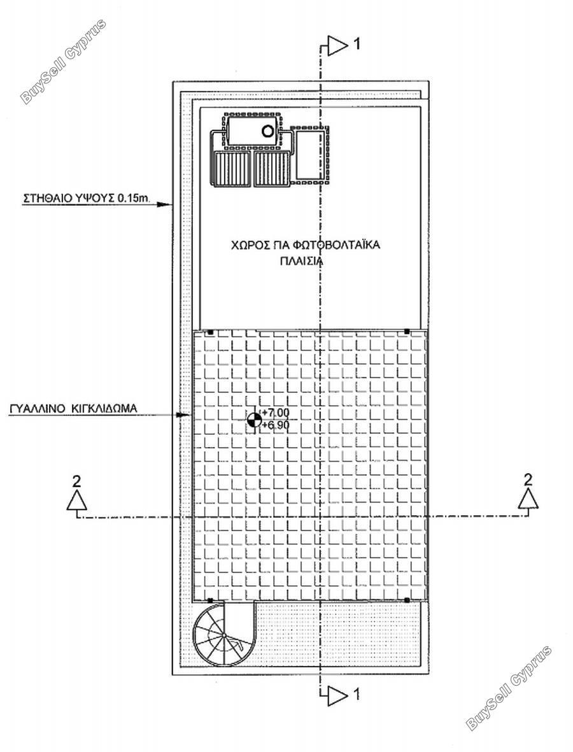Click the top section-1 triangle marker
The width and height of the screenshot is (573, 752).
pyautogui.click(x=337, y=46)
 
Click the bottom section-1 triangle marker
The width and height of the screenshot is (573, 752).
pyautogui.click(x=337, y=693)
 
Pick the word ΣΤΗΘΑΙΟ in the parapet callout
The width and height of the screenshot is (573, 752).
pyautogui.click(x=43, y=197)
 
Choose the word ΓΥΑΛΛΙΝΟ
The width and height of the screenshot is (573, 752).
pyautogui.click(x=38, y=409)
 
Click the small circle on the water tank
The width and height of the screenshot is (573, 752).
pyautogui.click(x=267, y=131)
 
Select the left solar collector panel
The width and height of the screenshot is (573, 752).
pyautogui.click(x=232, y=169)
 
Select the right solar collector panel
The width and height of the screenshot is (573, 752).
pyautogui.click(x=272, y=169)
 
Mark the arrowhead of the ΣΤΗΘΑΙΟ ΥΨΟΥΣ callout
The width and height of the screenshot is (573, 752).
pyautogui.click(x=165, y=205)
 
